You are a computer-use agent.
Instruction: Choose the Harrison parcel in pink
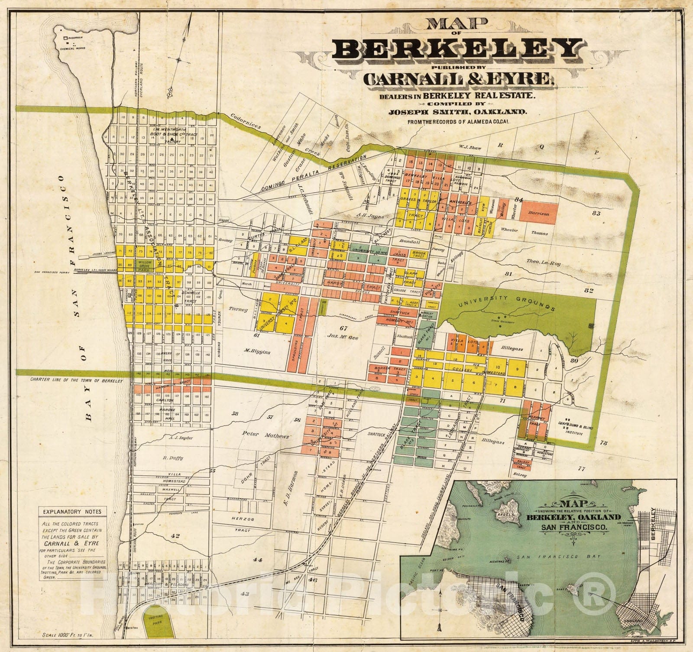click(538, 214)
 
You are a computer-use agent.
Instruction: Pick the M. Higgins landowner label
click(257, 352)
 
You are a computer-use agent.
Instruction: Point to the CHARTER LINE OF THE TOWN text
click(77, 381)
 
